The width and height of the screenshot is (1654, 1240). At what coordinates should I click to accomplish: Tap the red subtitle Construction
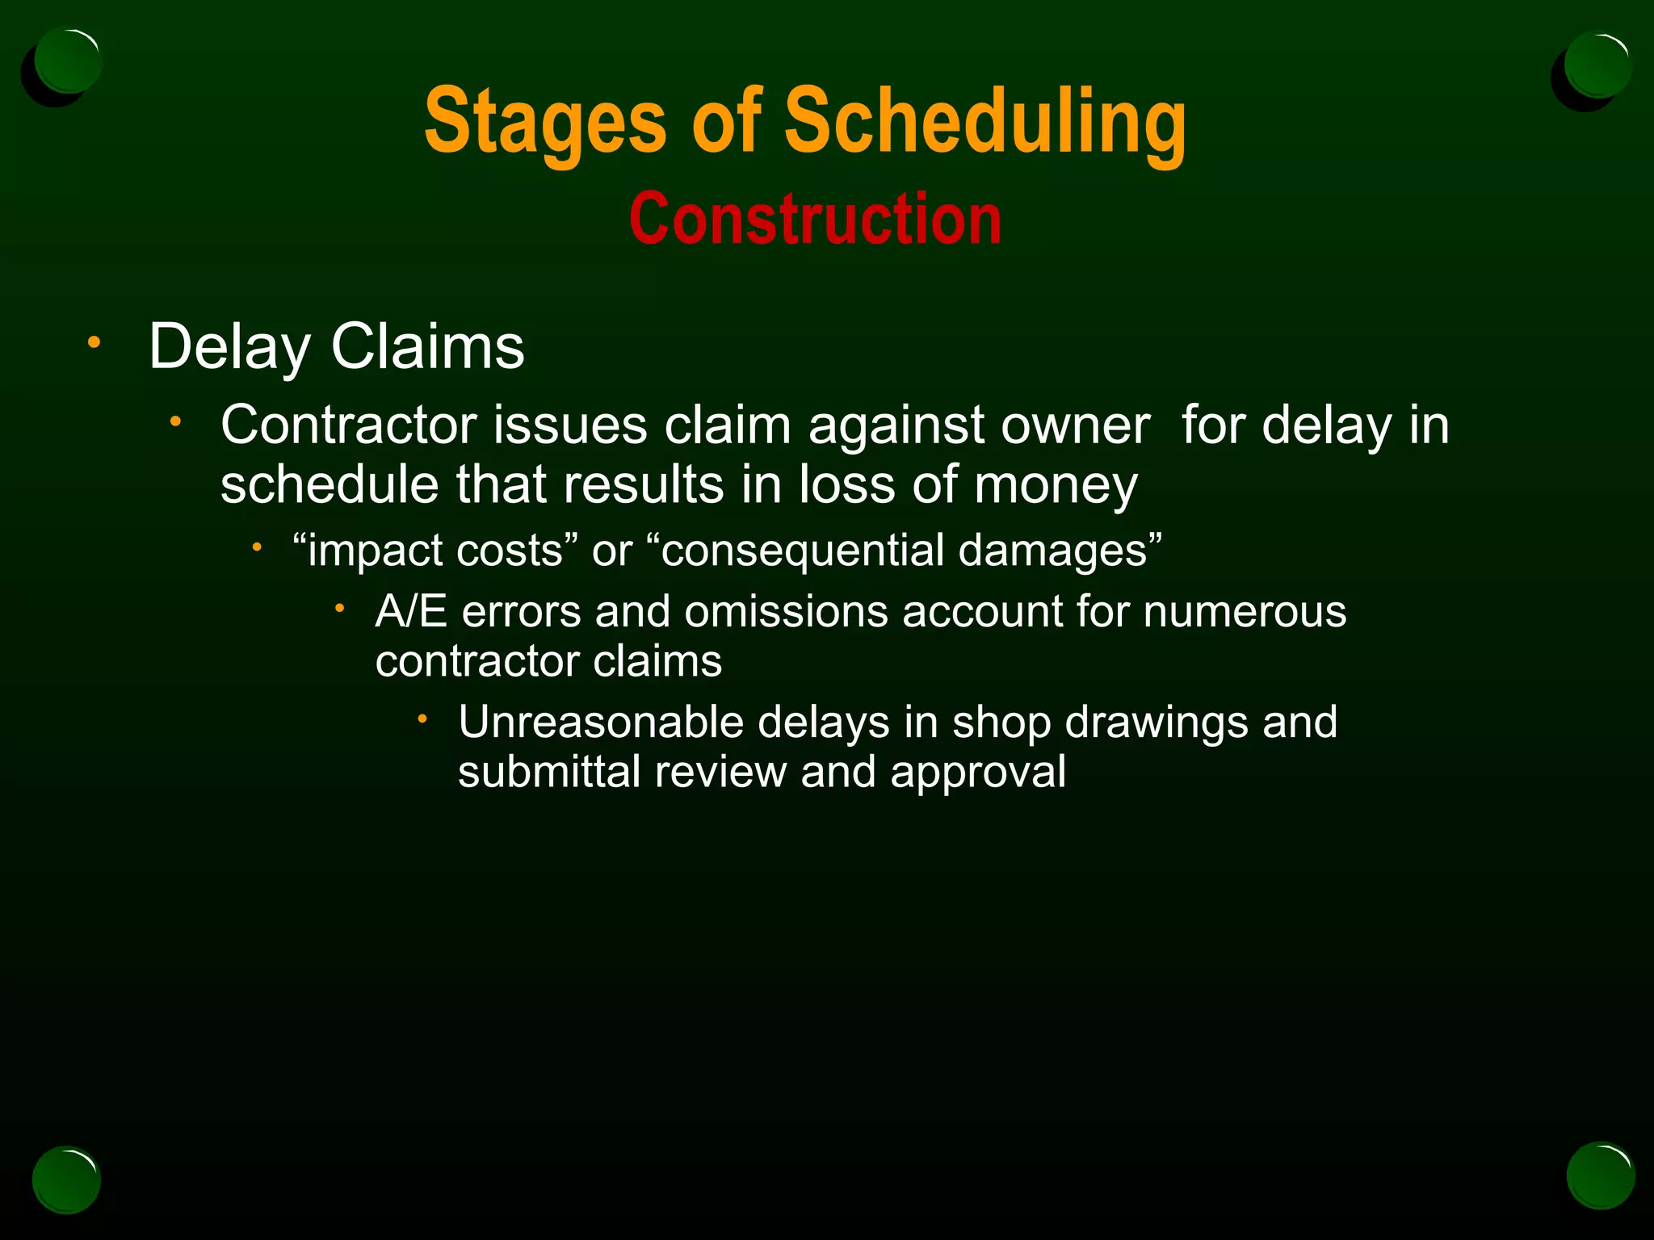tap(815, 219)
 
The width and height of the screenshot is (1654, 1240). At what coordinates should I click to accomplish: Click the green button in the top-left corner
tap(69, 61)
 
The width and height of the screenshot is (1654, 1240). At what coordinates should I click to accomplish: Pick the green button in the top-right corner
tap(1597, 64)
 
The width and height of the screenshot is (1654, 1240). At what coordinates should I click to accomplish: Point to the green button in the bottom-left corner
tap(66, 1179)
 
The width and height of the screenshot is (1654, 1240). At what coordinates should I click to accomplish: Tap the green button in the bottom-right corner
tap(1601, 1175)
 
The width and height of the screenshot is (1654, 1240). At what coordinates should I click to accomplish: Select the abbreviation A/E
tap(411, 611)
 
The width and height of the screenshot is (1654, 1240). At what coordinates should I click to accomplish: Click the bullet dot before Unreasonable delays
tap(422, 717)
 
